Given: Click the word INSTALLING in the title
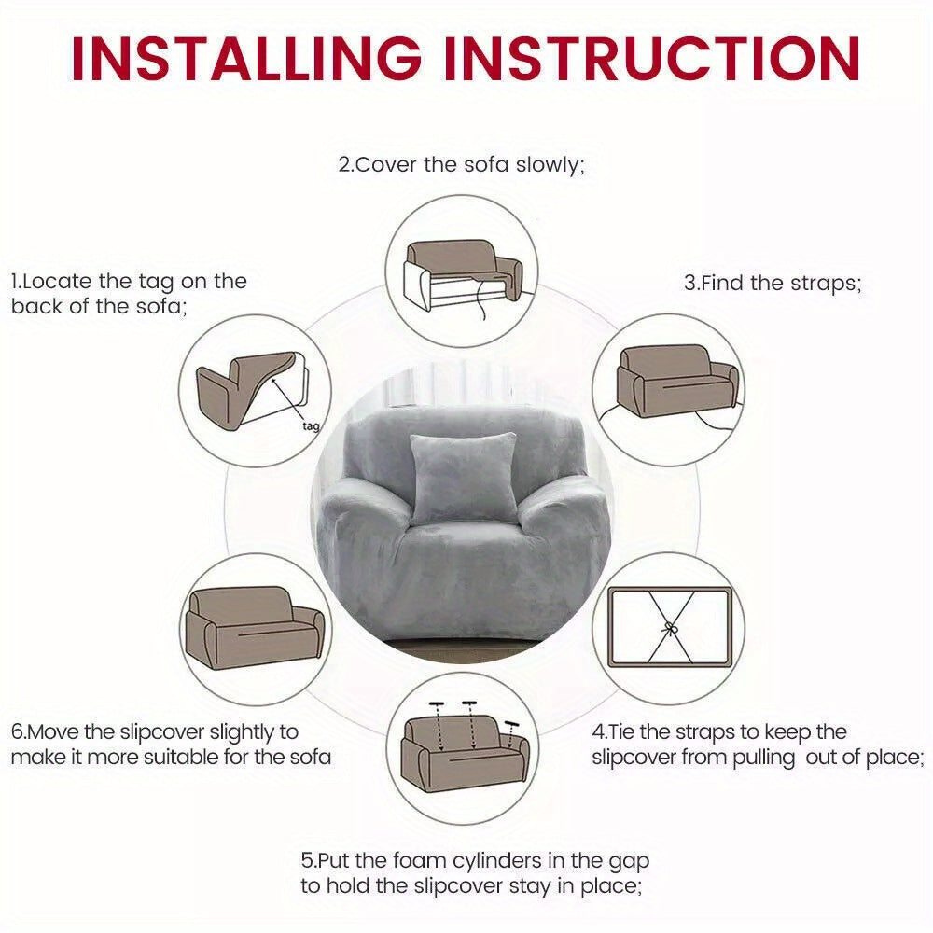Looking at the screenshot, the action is [246, 58].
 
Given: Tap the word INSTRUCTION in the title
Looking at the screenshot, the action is [651, 58].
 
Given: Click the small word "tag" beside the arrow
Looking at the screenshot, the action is [312, 426].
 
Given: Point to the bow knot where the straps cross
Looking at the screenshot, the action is [671, 628].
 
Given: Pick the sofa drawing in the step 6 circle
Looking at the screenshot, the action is [256, 628].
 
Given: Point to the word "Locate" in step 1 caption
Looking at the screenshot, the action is [57, 282].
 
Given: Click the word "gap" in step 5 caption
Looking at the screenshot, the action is [629, 863].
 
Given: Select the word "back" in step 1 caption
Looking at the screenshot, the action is [36, 306].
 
